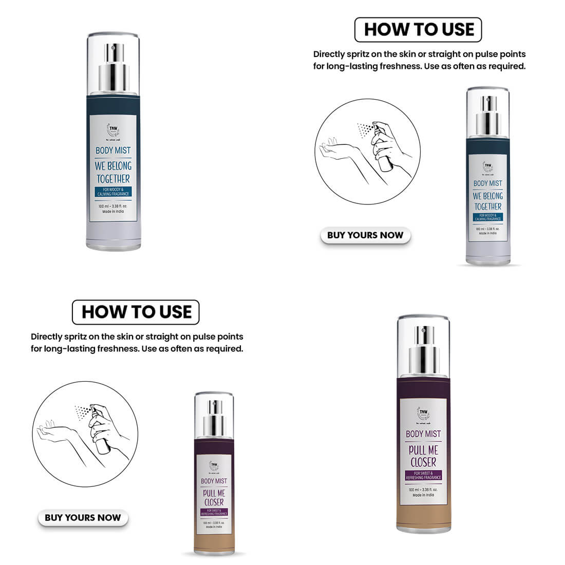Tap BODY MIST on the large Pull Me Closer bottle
coord(423,434)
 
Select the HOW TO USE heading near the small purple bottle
coord(136,312)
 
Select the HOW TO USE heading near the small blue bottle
coord(418,30)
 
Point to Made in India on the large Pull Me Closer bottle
coord(423,495)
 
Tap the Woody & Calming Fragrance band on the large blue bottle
coord(113,192)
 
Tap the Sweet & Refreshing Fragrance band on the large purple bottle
coord(423,475)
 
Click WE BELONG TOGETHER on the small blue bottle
coord(487,201)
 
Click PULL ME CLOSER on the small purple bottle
coord(214,497)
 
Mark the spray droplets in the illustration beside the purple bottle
coord(81,411)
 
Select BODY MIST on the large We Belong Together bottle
coord(113,150)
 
